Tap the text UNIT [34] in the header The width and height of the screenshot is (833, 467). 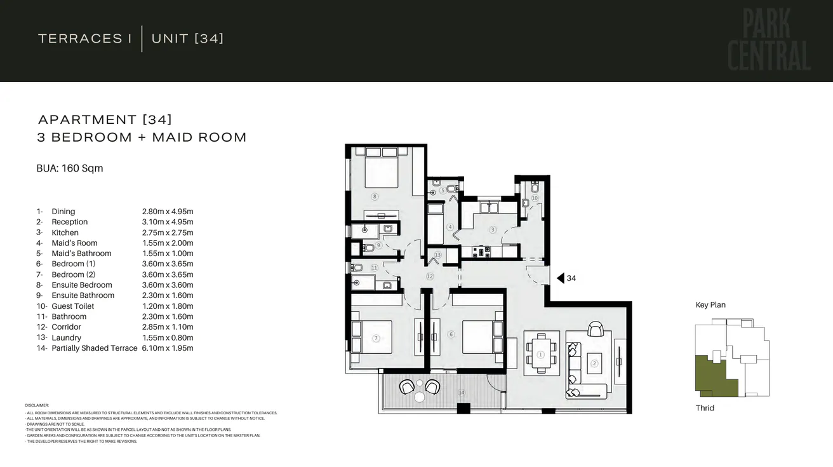[187, 39]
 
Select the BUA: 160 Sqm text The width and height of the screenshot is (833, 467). [70, 168]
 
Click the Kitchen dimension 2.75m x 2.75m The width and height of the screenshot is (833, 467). [168, 233]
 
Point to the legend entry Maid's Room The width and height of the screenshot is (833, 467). [74, 243]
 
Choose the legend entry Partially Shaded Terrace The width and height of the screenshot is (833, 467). [94, 348]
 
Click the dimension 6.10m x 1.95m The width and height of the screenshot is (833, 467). [168, 348]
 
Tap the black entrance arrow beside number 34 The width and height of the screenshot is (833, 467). [560, 278]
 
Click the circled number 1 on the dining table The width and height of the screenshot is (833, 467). [540, 355]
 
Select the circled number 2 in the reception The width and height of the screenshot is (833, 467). [594, 363]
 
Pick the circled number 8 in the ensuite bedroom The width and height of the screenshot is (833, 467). [375, 197]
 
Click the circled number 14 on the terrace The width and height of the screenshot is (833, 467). [462, 393]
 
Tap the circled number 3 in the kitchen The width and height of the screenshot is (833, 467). [492, 229]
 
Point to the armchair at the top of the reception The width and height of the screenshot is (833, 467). [596, 329]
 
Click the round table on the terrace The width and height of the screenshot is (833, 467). [420, 397]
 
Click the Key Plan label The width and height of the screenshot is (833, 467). [710, 305]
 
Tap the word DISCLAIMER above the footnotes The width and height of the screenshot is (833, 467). [37, 405]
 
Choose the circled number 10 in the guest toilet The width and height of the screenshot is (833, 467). [535, 198]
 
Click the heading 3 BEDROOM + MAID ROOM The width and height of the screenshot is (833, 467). [142, 137]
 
